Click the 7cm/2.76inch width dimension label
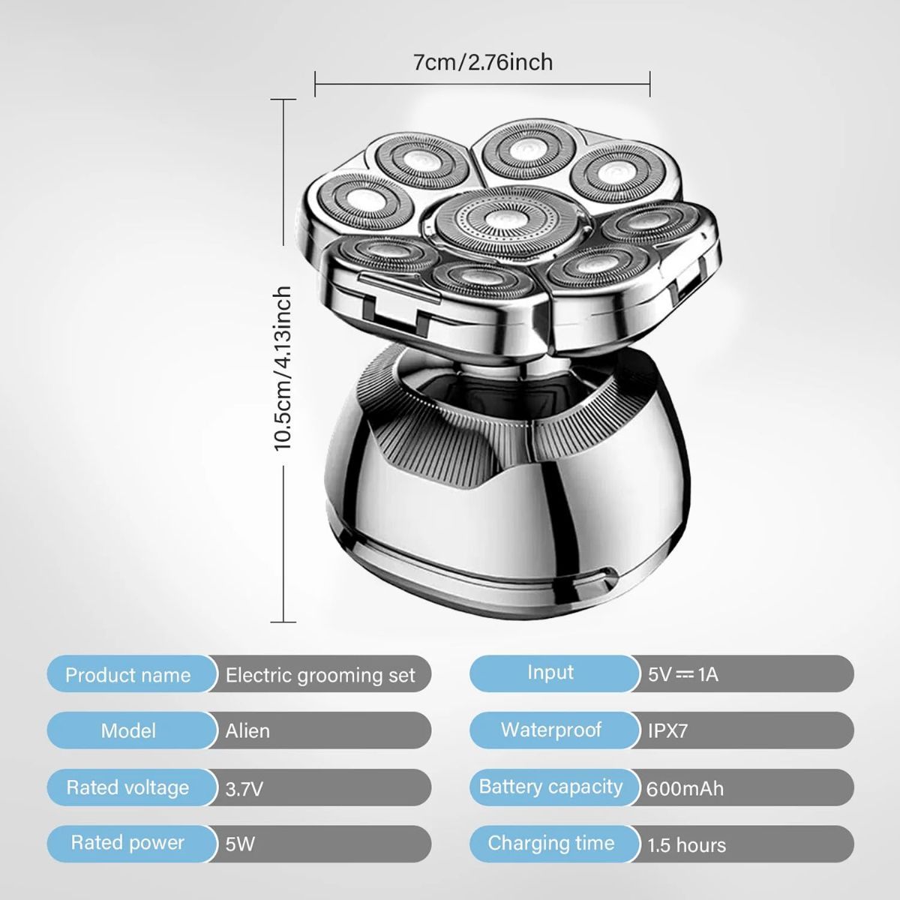click(x=482, y=62)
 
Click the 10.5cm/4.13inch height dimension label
click(x=283, y=368)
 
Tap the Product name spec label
click(x=128, y=675)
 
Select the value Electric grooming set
click(x=320, y=675)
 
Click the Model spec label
click(x=128, y=731)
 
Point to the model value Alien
click(x=247, y=731)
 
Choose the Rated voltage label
click(x=127, y=787)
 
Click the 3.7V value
click(x=244, y=789)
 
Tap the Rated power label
click(x=127, y=843)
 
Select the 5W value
click(x=240, y=844)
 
